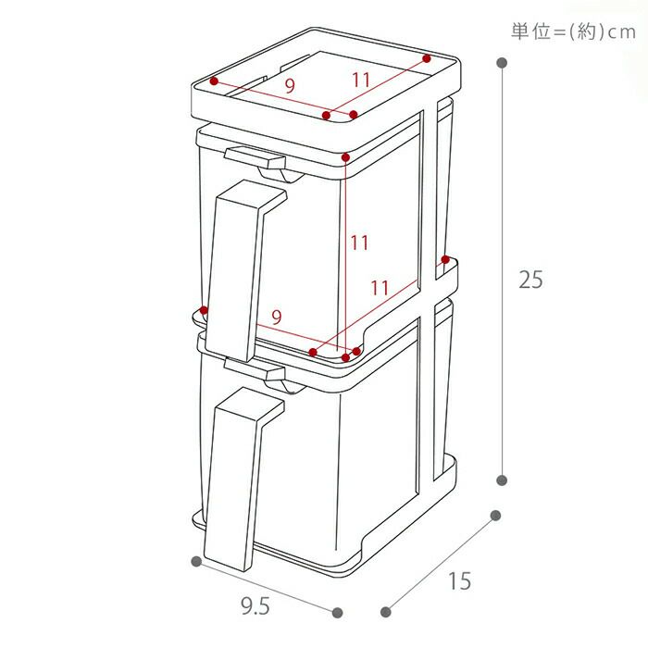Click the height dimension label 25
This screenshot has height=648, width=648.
530,279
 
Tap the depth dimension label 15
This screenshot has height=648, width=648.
459,581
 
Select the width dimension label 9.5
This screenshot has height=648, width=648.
255,607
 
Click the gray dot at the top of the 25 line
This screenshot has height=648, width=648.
502,63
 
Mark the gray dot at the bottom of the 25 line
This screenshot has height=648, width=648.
502,480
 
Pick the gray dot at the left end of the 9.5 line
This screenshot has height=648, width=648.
196,562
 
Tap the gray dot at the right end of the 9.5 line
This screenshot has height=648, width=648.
337,612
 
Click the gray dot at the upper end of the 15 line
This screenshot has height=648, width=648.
495,516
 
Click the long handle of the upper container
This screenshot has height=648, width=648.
239,268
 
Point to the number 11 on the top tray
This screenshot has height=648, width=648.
361,81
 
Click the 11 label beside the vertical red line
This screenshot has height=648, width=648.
359,243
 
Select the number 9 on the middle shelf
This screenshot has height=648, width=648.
276,316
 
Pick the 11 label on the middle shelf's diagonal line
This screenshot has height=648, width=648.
380,287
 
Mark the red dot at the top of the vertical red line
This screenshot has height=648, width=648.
344,156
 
